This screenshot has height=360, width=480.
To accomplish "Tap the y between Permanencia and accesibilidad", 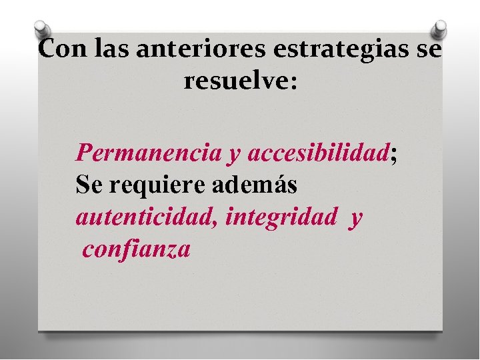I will tap(234, 155).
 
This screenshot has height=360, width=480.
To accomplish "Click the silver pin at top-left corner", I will tap(41, 29).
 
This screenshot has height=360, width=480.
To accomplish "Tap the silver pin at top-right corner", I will tap(440, 29).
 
